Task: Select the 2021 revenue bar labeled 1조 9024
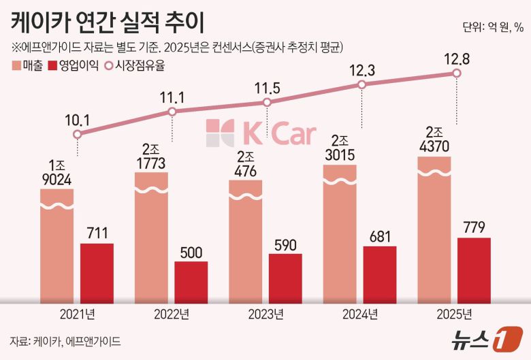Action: pyautogui.click(x=57, y=245)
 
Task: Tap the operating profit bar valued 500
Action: pyautogui.click(x=191, y=280)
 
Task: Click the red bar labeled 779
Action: pyautogui.click(x=474, y=269)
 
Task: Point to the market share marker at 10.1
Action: pyautogui.click(x=78, y=134)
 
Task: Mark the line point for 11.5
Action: pyautogui.click(x=267, y=103)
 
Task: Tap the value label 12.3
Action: pyautogui.click(x=361, y=69)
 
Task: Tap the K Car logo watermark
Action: pyautogui.click(x=261, y=133)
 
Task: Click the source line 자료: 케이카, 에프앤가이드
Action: pyautogui.click(x=65, y=340)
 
